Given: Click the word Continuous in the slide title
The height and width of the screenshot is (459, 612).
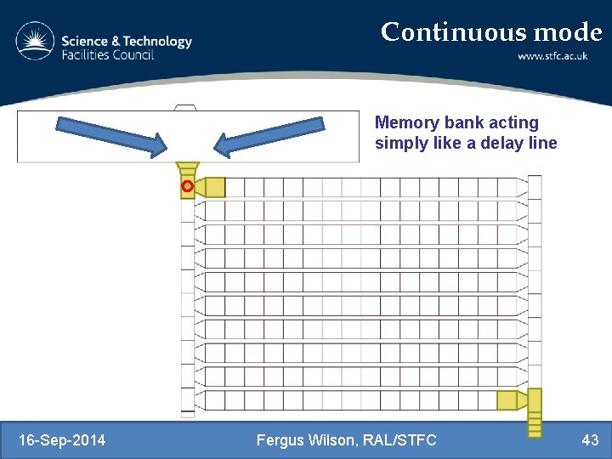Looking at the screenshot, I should click(x=454, y=32).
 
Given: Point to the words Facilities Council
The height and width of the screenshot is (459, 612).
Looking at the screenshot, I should click(x=107, y=55).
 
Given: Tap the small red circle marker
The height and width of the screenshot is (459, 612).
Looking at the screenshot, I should click(x=187, y=185).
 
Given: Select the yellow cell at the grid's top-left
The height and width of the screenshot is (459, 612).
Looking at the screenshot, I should click(x=215, y=187).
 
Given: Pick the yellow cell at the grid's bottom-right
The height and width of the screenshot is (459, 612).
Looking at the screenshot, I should click(x=507, y=400).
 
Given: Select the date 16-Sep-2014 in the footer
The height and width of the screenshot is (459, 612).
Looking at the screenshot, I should click(x=62, y=439).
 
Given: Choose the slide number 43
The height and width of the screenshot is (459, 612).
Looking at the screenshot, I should click(x=590, y=439).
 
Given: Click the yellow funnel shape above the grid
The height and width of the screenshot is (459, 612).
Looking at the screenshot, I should click(x=188, y=168).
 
